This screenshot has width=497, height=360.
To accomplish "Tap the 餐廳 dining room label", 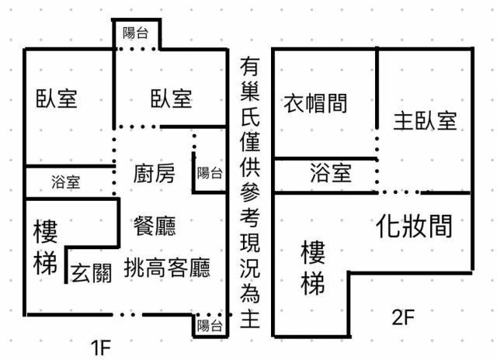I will tap(155, 226).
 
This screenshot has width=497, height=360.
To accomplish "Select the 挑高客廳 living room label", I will tap(167, 268).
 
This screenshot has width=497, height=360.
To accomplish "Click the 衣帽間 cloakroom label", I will tap(315, 102).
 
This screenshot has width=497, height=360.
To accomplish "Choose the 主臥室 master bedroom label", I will tap(425, 120).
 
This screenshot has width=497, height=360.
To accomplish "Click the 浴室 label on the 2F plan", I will tap(331, 172).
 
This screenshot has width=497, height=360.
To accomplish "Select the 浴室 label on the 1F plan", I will tap(65, 183).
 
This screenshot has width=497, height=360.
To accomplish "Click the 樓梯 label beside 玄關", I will tap(46, 248).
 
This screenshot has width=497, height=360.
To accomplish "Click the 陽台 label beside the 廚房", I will tap(209, 171).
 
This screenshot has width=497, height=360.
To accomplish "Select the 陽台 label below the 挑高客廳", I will tap(210, 325).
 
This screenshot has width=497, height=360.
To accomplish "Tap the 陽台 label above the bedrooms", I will tap(137, 33).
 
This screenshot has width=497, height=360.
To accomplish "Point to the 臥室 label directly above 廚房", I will tap(172, 99).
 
